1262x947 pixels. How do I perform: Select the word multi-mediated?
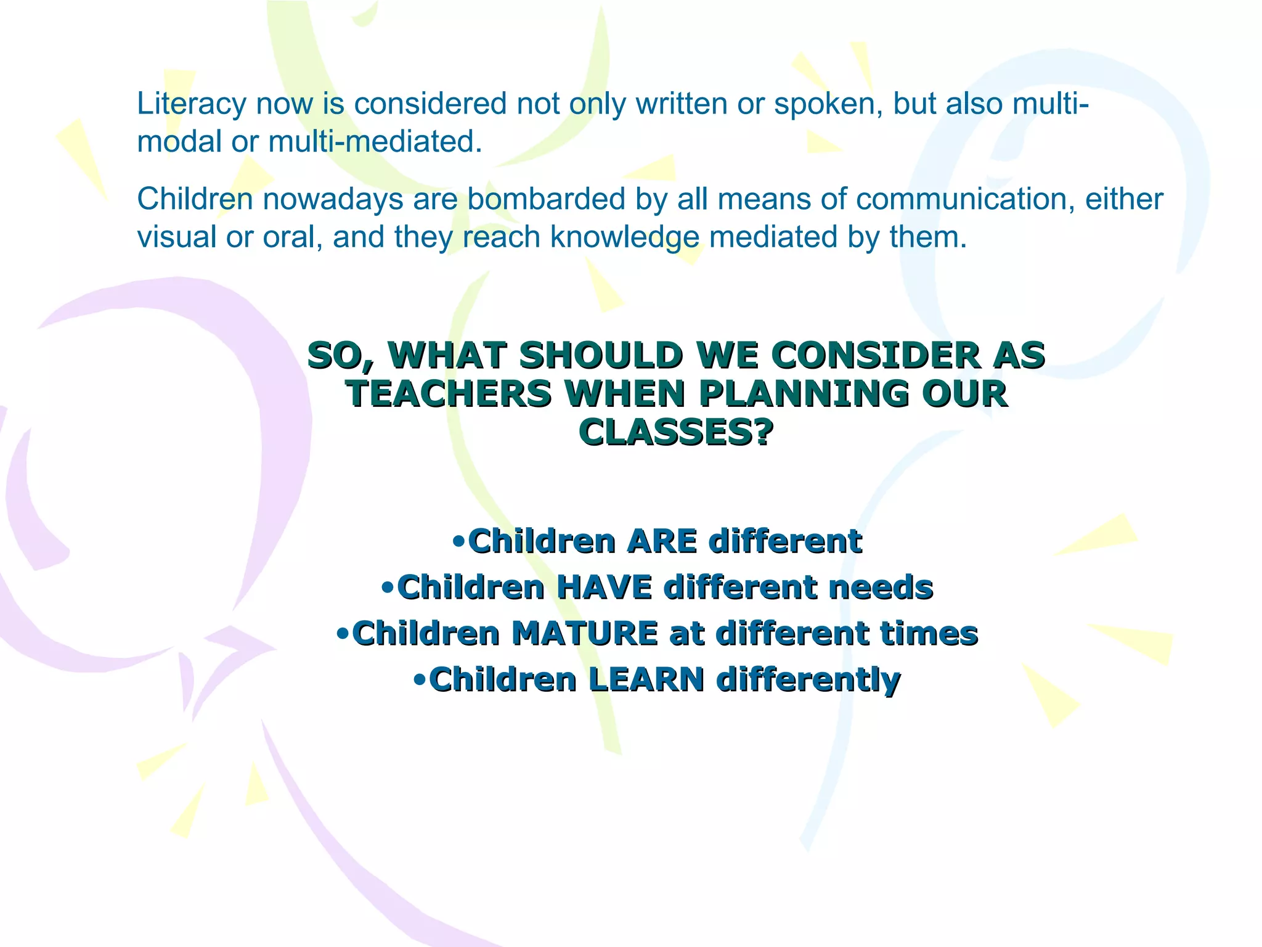375,142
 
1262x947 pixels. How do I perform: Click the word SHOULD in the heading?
601,356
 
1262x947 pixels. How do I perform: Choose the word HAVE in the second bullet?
605,587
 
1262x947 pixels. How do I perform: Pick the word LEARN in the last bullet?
646,679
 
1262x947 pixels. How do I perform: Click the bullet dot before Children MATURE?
343,634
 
